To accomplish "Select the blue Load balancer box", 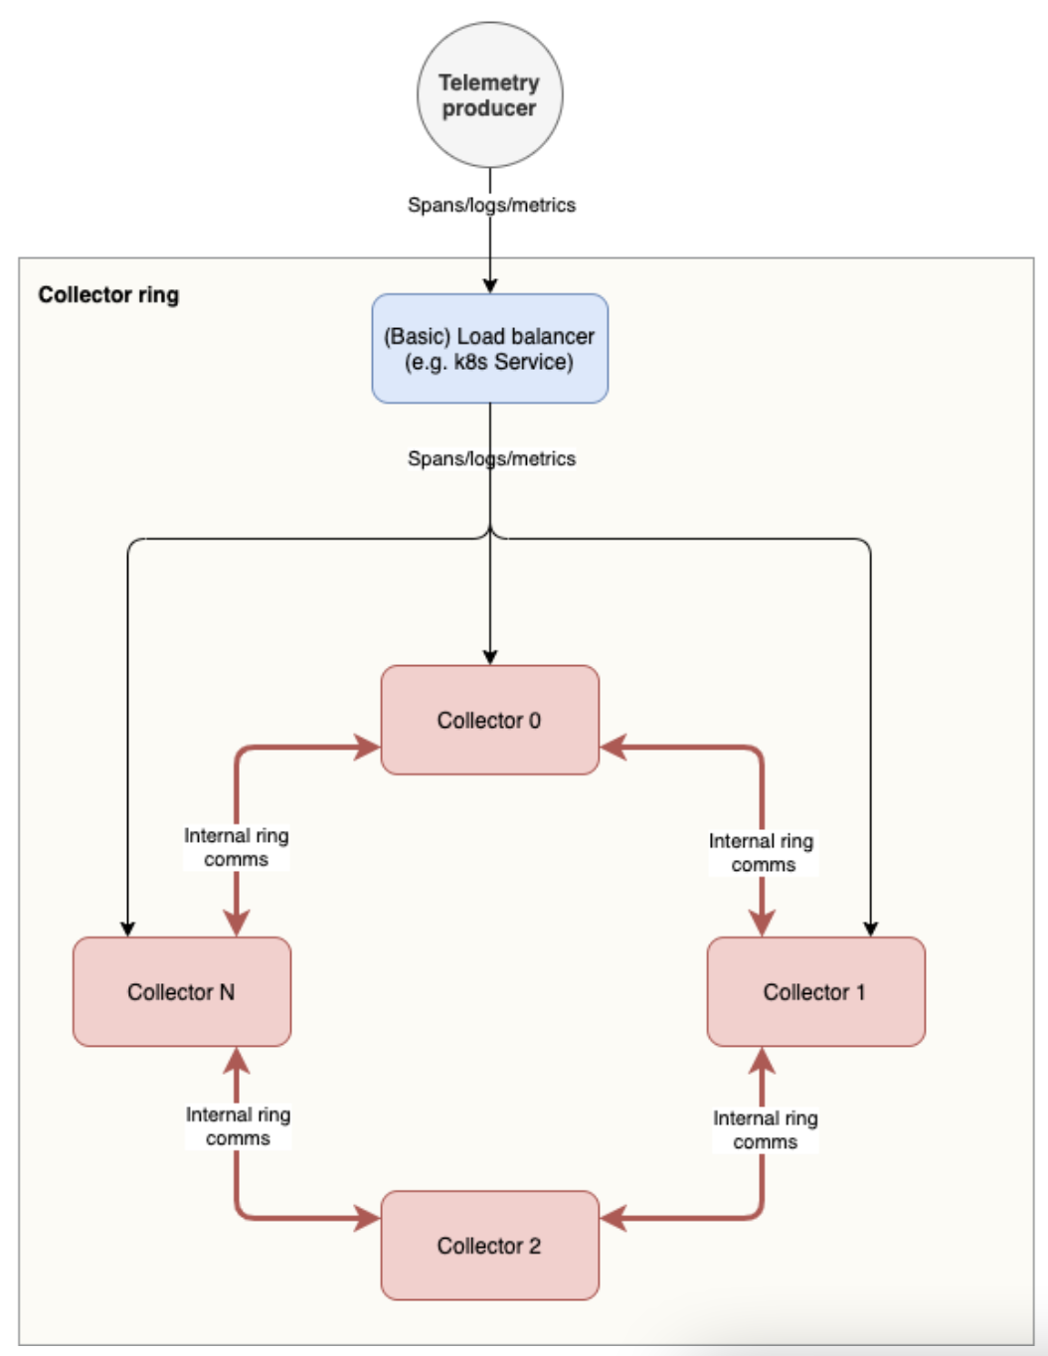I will click(x=489, y=348).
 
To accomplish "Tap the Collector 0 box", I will click(x=489, y=720).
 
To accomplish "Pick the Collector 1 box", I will click(x=815, y=991).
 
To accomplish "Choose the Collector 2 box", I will click(x=489, y=1245).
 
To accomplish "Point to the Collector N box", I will click(x=181, y=991).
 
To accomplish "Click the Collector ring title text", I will click(x=108, y=294).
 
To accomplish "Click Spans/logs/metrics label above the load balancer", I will click(x=491, y=205).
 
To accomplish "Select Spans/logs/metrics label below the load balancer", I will click(x=491, y=458).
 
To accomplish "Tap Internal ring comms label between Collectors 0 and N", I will click(x=237, y=847).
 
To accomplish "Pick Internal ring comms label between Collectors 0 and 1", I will click(x=762, y=852).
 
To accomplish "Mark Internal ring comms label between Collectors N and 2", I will click(x=238, y=1125).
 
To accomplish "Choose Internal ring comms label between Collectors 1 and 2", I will click(x=765, y=1129).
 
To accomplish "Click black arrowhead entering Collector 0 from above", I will click(x=489, y=657).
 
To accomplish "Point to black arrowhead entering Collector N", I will click(x=127, y=930).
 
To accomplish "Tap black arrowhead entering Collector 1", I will click(x=870, y=930).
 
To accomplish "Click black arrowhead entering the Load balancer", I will click(x=489, y=286).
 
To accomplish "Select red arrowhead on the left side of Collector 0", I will click(x=368, y=747).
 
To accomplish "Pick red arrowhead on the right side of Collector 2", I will click(x=612, y=1217).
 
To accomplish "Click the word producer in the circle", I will click(x=488, y=108).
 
